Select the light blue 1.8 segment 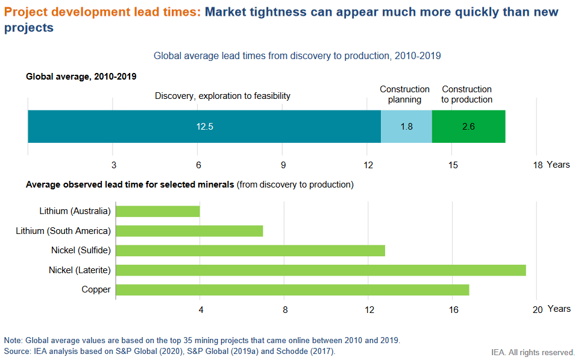coord(406,127)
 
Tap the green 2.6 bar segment coord(468,127)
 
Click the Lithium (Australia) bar coord(157,211)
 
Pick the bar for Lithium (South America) coord(189,230)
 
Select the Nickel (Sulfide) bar coord(250,250)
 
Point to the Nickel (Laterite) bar coord(321,270)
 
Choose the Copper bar coord(292,289)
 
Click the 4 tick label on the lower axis coord(201,309)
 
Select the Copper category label coord(96,289)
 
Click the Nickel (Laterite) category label coord(80,270)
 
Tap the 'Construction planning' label coord(404,95)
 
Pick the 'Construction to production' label coord(466,95)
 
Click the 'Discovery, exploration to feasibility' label coord(222,96)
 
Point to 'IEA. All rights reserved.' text coord(533,352)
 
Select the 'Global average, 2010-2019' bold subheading coord(81,77)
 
